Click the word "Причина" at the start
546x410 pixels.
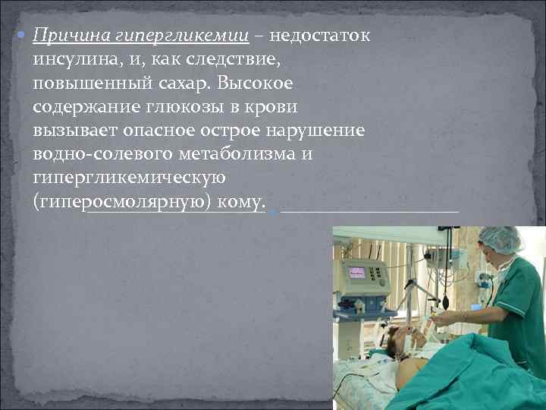tap(66, 36)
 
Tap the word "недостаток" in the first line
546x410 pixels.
tap(319, 36)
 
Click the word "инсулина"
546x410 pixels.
tap(74, 59)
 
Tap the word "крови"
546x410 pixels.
tap(271, 106)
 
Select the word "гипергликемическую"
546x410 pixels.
tap(129, 177)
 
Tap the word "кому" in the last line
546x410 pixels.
tap(241, 202)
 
